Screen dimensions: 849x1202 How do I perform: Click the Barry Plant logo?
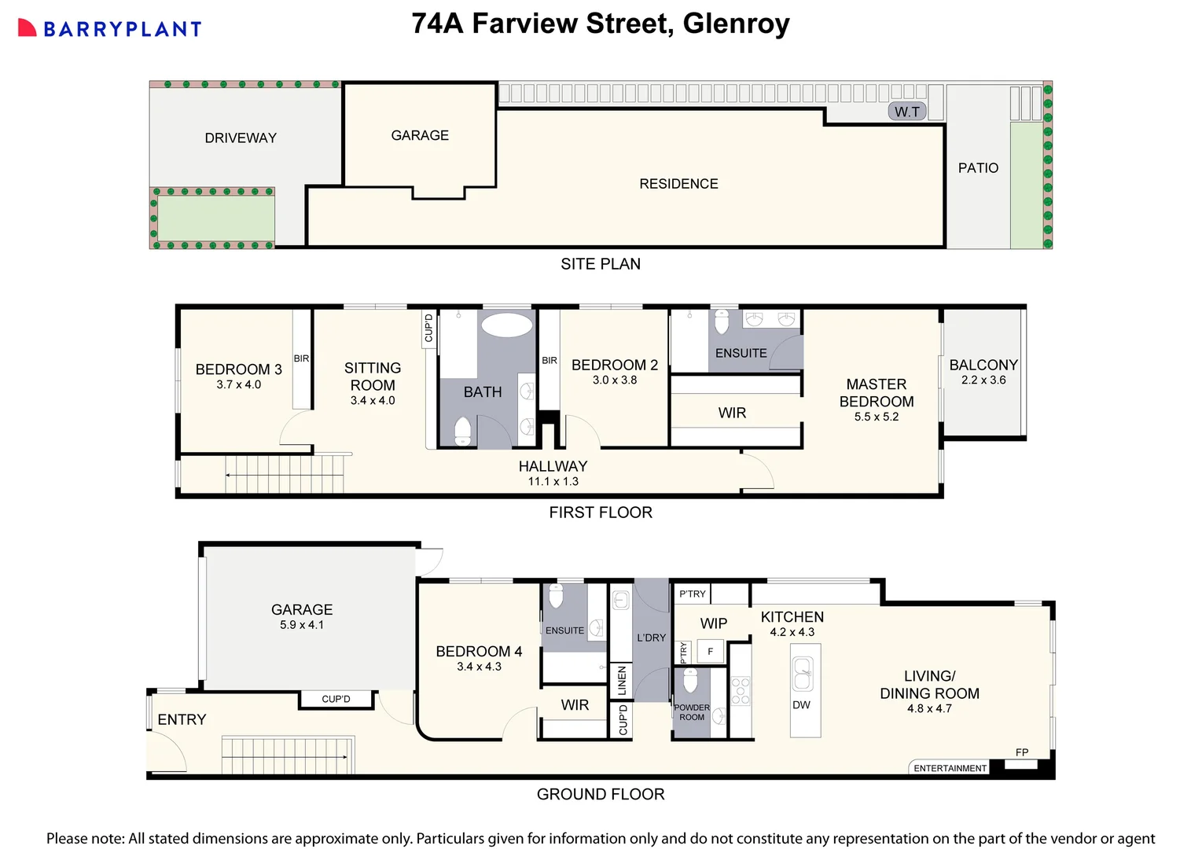[x=110, y=29]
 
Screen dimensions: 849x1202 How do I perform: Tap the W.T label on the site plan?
[x=906, y=112]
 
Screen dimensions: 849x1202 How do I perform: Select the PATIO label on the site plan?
[x=978, y=168]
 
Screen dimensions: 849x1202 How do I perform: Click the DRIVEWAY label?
[x=241, y=138]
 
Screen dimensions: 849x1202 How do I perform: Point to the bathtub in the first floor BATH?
[x=506, y=325]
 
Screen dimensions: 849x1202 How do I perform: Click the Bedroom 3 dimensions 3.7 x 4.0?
[x=238, y=385]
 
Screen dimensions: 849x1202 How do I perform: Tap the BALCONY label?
[x=983, y=365]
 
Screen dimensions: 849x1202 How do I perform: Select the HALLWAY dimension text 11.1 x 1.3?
[x=553, y=482]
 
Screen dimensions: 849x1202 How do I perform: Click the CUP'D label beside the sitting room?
[x=428, y=328]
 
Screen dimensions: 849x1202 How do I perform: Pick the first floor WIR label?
[x=732, y=413]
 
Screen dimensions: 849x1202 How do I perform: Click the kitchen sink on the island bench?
[x=802, y=674]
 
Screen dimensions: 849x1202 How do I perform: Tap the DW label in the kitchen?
[x=801, y=705]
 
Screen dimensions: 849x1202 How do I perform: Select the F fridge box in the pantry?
[x=710, y=652]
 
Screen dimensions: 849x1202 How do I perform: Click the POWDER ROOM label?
[x=692, y=712]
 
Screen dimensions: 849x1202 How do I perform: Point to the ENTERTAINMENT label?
[x=950, y=768]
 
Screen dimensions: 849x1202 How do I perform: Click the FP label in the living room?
[x=1021, y=752]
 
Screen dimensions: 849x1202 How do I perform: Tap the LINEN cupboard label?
[x=622, y=681]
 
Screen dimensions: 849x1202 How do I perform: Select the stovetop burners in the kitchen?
[x=741, y=690]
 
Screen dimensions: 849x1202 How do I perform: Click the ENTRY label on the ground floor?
[x=182, y=720]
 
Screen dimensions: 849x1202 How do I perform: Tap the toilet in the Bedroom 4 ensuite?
[x=556, y=597]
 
